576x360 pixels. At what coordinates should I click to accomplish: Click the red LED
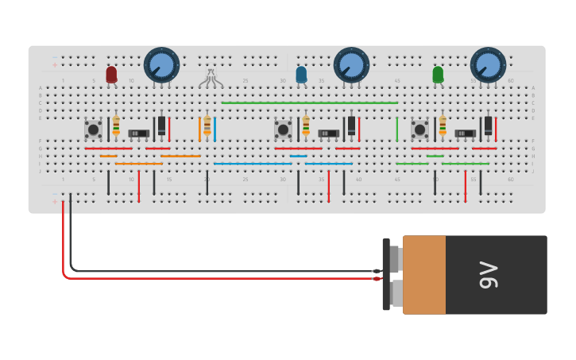(x=111, y=74)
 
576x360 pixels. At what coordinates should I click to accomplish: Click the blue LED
(x=301, y=75)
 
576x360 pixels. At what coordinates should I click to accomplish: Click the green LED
(x=438, y=75)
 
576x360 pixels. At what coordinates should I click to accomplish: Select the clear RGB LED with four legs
(x=211, y=77)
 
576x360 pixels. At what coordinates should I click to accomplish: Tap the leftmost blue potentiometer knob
(x=161, y=64)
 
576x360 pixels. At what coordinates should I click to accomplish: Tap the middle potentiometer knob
(x=351, y=64)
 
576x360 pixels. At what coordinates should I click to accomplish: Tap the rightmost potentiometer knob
(x=488, y=64)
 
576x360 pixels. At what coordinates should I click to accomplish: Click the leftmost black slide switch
(x=138, y=133)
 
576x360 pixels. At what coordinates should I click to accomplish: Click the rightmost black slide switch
(x=465, y=133)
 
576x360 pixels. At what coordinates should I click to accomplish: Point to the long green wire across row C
(x=310, y=103)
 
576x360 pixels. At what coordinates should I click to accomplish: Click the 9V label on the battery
(x=487, y=274)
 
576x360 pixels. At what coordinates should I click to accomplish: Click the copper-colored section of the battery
(x=423, y=274)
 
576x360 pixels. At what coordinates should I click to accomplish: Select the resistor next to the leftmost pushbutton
(x=116, y=126)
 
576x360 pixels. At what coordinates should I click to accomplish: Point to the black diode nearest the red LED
(x=161, y=126)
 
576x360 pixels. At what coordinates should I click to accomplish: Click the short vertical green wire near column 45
(x=397, y=129)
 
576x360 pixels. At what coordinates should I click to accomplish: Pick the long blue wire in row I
(x=253, y=164)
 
